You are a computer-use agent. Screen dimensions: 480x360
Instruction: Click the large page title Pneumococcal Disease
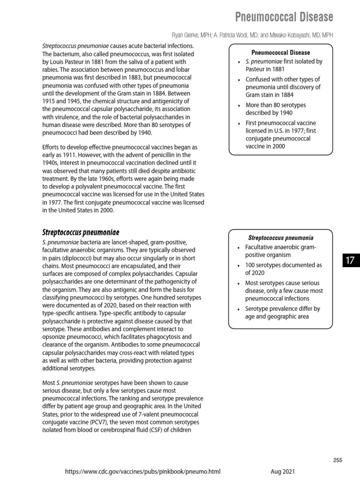click(x=284, y=17)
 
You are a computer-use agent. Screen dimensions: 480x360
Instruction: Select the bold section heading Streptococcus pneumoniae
click(x=81, y=232)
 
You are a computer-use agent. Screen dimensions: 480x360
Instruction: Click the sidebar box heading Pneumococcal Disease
click(x=280, y=52)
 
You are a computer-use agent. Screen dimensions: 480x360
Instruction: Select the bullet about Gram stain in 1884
click(x=283, y=87)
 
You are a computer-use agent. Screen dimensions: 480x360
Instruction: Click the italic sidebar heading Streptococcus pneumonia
click(x=280, y=238)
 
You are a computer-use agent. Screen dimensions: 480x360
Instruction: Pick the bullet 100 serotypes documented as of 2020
click(x=283, y=269)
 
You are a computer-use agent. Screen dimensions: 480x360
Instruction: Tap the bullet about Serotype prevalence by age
click(x=283, y=312)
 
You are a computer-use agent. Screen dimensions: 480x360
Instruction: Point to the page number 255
click(x=337, y=460)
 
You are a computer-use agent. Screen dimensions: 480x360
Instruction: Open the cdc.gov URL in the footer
click(x=142, y=472)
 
